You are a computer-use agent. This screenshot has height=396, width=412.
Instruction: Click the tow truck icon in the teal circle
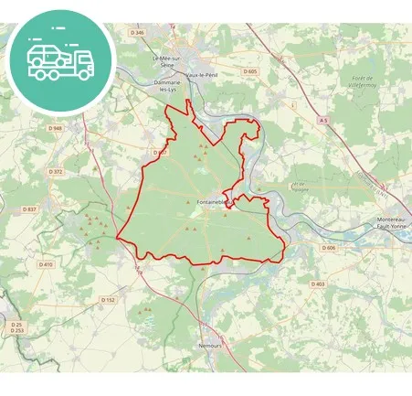[60, 59]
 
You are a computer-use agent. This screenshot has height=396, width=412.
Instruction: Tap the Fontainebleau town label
[211, 201]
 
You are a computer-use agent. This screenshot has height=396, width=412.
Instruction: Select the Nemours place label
[210, 347]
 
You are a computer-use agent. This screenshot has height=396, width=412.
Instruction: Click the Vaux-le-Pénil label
[202, 74]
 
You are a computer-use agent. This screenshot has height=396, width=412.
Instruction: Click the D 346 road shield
[138, 32]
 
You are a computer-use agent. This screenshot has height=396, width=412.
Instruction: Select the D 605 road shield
[250, 70]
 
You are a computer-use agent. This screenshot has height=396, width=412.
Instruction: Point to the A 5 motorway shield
[323, 120]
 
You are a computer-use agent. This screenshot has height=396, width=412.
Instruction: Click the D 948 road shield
[55, 129]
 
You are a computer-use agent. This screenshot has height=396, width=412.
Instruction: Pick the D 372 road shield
[56, 171]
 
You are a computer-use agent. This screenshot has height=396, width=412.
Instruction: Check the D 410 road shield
[46, 264]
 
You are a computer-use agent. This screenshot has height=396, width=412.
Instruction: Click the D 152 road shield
[108, 299]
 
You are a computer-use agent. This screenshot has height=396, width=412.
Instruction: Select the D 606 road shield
[329, 248]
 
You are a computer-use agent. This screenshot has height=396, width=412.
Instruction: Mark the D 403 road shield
[317, 284]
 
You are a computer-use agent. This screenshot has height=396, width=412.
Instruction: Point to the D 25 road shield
[16, 325]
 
